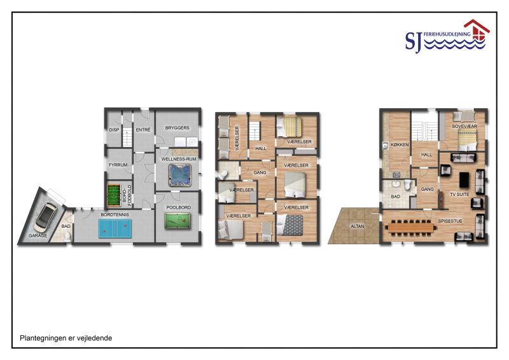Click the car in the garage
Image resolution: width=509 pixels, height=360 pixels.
click(46, 215)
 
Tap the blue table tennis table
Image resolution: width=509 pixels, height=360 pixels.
click(115, 228)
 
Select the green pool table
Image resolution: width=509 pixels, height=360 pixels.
click(178, 221)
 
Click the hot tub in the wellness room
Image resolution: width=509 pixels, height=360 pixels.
click(180, 175)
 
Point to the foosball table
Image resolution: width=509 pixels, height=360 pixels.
click(113, 195)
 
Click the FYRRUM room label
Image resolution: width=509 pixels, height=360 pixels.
click(118, 165)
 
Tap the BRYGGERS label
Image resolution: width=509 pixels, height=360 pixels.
click(178, 128)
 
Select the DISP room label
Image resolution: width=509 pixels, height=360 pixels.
click(114, 130)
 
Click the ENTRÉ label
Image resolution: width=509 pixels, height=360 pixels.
click(143, 130)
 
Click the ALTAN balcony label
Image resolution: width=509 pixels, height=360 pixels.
click(358, 226)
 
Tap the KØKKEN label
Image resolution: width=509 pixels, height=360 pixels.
click(400, 145)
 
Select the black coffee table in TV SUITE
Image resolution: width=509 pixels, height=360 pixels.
click(464, 179)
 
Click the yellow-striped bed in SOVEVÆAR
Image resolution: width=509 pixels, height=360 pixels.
click(468, 139)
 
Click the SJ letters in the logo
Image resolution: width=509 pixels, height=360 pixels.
click(414, 41)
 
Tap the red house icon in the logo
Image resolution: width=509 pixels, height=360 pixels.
click(477, 30)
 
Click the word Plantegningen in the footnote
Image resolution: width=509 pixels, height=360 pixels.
click(43, 338)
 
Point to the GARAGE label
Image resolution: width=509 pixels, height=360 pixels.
click(38, 236)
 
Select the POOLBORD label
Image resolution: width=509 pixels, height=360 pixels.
click(179, 207)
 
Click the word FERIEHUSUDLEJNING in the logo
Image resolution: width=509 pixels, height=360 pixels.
click(447, 34)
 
